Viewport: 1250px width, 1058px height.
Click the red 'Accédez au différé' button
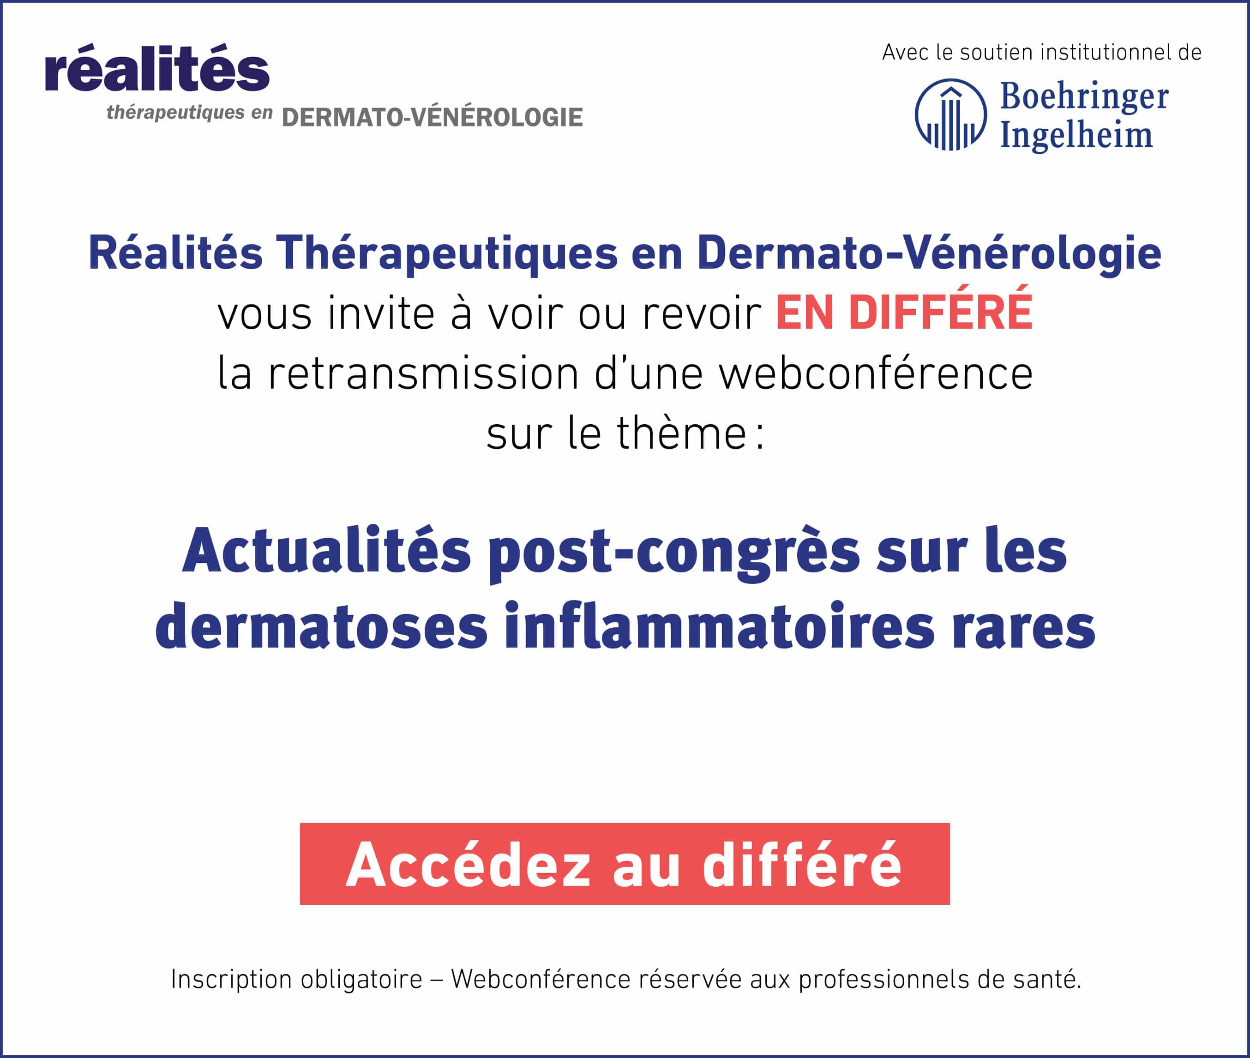(625, 863)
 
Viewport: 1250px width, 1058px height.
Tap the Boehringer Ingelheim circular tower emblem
(951, 114)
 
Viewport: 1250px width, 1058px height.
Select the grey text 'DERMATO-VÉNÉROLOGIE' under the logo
(432, 117)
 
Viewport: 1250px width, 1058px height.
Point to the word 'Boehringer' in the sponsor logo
(1084, 96)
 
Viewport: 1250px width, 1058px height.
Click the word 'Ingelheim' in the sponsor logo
(1076, 135)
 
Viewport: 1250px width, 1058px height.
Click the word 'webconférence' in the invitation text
(876, 373)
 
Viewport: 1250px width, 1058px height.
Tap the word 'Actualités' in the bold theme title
(327, 550)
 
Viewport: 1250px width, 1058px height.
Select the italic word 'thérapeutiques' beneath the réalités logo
(176, 113)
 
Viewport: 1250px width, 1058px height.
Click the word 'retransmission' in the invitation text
(423, 373)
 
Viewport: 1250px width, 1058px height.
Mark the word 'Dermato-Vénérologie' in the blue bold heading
(929, 252)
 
